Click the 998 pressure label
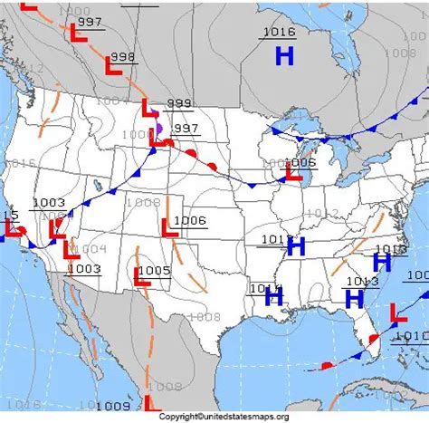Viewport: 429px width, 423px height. pos(122,56)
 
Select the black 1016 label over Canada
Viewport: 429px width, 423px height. pos(279,33)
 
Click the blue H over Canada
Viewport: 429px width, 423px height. pos(285,56)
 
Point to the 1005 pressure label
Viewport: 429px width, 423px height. pos(155,270)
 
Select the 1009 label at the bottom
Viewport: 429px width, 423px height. pos(112,405)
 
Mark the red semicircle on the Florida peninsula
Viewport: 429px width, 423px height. pos(369,342)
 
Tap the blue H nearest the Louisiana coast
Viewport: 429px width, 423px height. pos(274,296)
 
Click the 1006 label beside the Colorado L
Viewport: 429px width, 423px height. pos(190,220)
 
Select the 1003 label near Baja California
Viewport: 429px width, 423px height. pos(84,268)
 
